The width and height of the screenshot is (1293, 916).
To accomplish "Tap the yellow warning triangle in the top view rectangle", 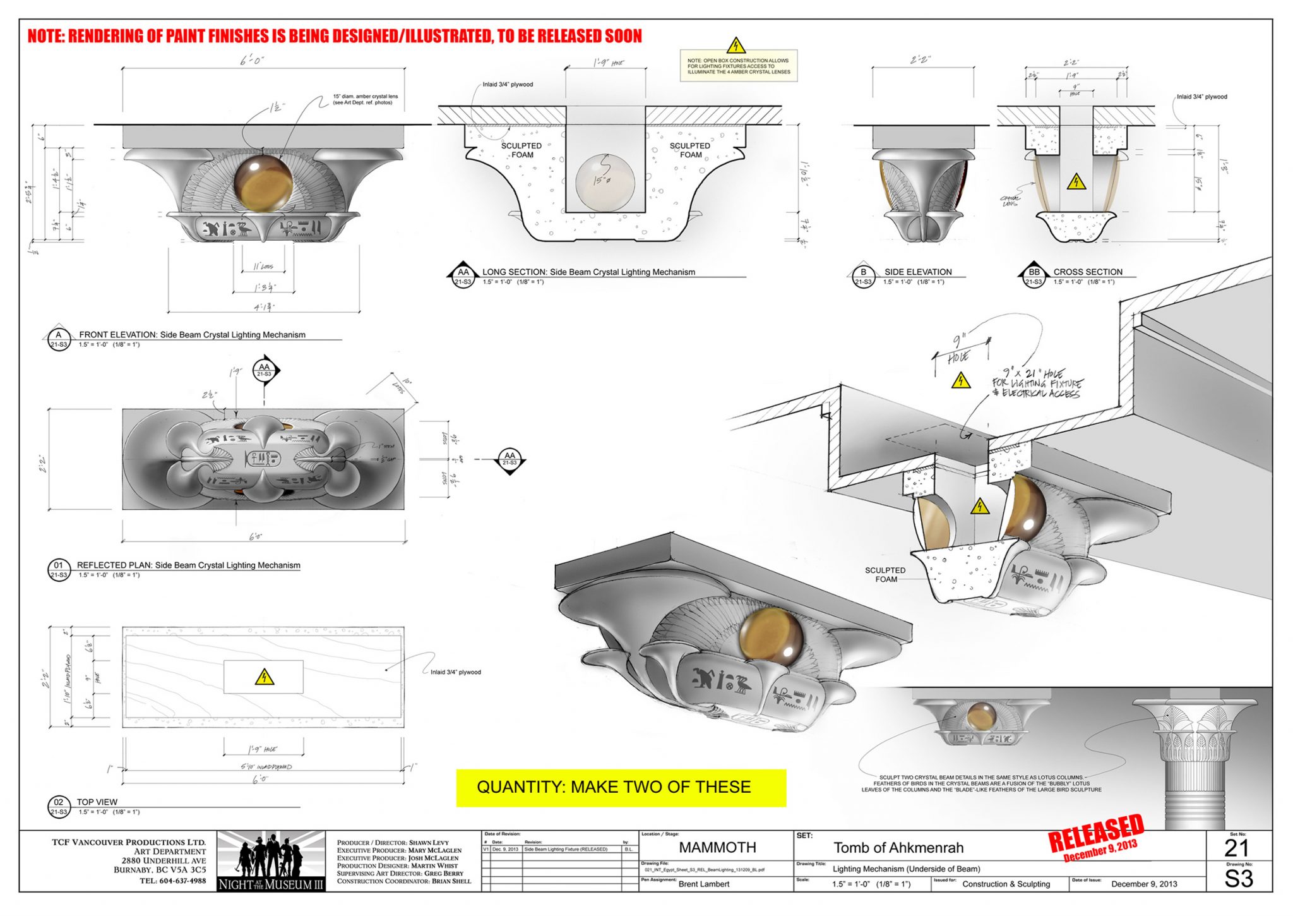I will pyautogui.click(x=264, y=677).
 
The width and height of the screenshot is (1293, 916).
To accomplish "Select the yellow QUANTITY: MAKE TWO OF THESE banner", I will pyautogui.click(x=621, y=787).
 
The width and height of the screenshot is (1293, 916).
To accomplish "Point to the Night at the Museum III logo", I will pyautogui.click(x=271, y=860).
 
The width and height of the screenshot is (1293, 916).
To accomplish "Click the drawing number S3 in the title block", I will pyautogui.click(x=1238, y=879).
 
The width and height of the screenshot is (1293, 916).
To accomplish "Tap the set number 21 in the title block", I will pyautogui.click(x=1236, y=848).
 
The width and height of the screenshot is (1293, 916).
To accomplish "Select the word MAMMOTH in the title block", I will pyautogui.click(x=717, y=847).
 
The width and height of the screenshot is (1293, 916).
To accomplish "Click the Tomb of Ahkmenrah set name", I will pyautogui.click(x=898, y=848).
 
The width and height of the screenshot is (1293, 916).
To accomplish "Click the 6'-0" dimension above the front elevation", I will pyautogui.click(x=252, y=60).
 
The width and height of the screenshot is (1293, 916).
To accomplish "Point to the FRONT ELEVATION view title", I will pyautogui.click(x=192, y=335).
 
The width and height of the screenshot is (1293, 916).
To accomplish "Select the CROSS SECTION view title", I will pyautogui.click(x=1087, y=272).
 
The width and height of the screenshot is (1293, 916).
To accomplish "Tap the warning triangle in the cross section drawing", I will pyautogui.click(x=1076, y=183).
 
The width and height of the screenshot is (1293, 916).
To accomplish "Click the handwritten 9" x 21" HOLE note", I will pyautogui.click(x=1037, y=383).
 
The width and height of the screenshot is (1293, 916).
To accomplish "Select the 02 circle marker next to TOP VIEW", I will pyautogui.click(x=59, y=806).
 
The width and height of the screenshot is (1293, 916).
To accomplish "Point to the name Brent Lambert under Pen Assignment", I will pyautogui.click(x=703, y=884).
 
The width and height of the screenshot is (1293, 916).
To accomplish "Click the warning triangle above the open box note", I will pyautogui.click(x=736, y=46).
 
